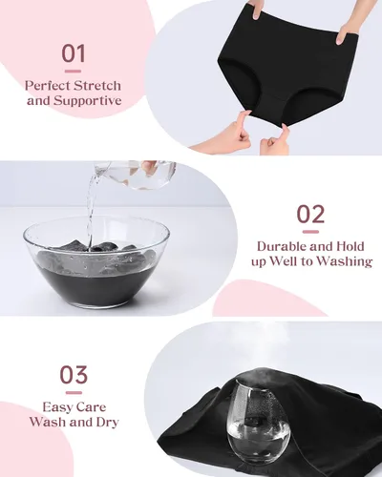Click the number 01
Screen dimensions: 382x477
[74, 53]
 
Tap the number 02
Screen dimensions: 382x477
[310, 214]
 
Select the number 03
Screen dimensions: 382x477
[74, 375]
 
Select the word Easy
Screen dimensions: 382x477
[58, 407]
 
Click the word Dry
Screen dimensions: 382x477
[107, 423]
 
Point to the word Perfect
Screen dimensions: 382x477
[48, 86]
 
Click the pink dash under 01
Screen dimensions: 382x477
[73, 72]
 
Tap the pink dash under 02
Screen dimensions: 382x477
[310, 232]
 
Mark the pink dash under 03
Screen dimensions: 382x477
[74, 393]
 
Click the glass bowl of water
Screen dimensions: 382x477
[96, 261]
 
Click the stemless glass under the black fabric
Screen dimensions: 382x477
[259, 419]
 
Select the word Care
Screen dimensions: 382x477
[92, 407]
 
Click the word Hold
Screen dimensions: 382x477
[350, 246]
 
